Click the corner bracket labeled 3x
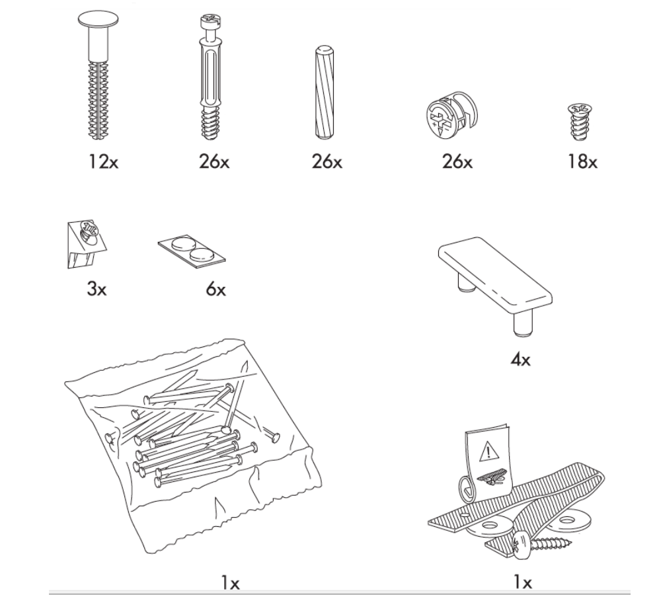85,242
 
